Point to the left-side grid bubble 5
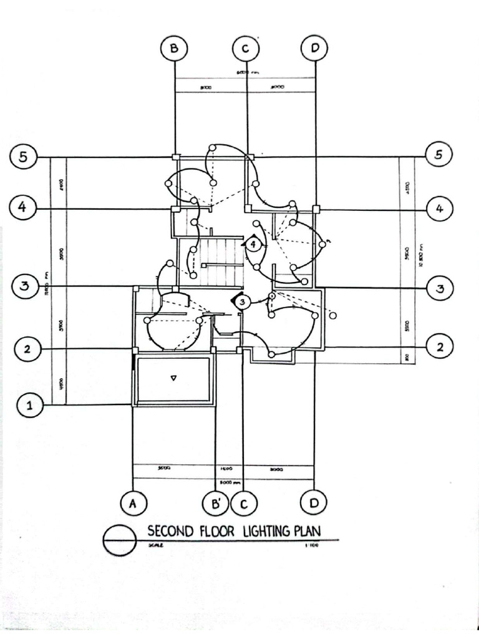(x=23, y=157)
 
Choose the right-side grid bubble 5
(x=438, y=154)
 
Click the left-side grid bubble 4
(x=22, y=207)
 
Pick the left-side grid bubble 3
(x=24, y=286)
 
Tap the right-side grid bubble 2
(x=440, y=347)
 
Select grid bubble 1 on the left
(x=29, y=406)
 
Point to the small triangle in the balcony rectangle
(x=174, y=378)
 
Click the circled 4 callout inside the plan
(x=253, y=244)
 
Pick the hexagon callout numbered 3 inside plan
(x=242, y=301)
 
